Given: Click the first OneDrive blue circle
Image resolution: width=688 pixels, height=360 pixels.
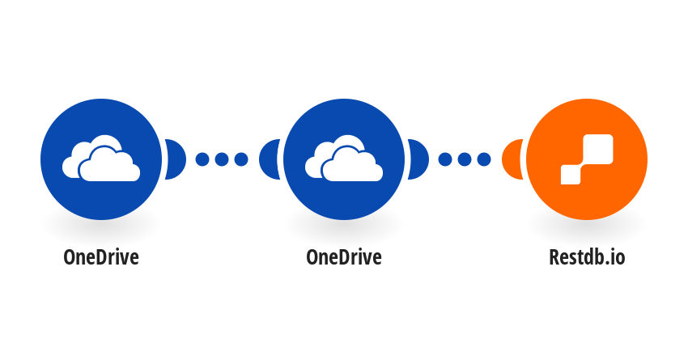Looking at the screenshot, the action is (101, 159).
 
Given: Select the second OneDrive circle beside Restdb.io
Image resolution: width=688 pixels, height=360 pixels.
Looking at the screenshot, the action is (344, 159).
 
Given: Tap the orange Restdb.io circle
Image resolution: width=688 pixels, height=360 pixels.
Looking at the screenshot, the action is (587, 159).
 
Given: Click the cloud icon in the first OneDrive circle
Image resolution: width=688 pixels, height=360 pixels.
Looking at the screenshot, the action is (101, 159).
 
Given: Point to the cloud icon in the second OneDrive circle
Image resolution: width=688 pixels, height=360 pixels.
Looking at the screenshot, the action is (344, 159).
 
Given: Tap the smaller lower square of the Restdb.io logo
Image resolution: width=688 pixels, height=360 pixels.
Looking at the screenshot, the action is (571, 175).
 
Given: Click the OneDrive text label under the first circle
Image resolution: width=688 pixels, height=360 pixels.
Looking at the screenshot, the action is (101, 257).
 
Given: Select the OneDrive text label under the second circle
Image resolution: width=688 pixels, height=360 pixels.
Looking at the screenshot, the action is (344, 257).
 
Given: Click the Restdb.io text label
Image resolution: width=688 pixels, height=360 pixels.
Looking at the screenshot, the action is (587, 257).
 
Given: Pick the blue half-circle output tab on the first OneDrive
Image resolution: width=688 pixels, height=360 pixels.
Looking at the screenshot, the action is (176, 159).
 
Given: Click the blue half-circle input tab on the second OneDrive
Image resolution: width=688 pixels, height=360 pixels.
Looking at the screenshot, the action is (270, 159).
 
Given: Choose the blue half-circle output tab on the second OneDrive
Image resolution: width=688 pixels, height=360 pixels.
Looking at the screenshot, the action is (418, 159).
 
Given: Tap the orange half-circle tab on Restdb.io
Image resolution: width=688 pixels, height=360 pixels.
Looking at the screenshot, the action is (512, 159).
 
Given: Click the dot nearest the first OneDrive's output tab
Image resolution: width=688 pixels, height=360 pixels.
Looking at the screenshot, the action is (202, 159).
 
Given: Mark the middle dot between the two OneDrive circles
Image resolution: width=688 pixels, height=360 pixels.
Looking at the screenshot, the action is (222, 159).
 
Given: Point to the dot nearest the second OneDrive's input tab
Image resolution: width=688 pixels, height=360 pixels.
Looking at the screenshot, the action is (241, 159).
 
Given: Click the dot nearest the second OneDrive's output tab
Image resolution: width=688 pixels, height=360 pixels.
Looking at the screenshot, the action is (445, 159).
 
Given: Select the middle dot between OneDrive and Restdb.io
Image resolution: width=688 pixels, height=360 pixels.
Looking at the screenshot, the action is (465, 159).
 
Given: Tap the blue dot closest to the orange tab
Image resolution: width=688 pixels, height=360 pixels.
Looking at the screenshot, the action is (484, 159).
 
